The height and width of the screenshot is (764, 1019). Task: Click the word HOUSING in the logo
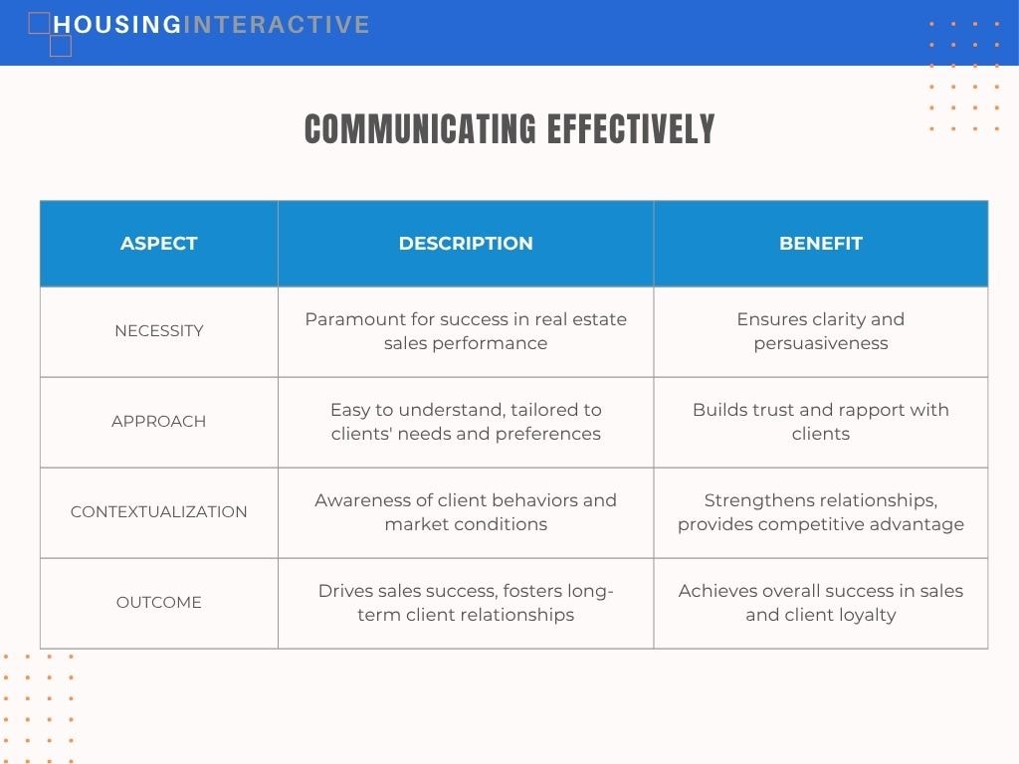point(117,25)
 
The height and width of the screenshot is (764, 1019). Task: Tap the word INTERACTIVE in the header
point(277,25)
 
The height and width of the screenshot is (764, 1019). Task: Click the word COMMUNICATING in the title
point(421,128)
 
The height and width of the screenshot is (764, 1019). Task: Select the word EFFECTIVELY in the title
point(630,128)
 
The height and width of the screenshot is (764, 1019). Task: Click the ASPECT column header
point(158,243)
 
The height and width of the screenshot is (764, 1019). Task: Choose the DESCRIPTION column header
point(466,243)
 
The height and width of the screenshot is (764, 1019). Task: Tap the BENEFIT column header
point(821,243)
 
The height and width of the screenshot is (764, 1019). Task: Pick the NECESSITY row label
point(158,330)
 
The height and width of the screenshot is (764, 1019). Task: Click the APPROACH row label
point(158,421)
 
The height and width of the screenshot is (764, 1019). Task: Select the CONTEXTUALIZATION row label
point(158,511)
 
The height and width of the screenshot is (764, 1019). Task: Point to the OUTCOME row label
point(158,602)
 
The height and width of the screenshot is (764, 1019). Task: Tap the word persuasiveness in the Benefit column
point(821,343)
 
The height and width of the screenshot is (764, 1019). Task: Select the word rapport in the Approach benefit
point(864,411)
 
